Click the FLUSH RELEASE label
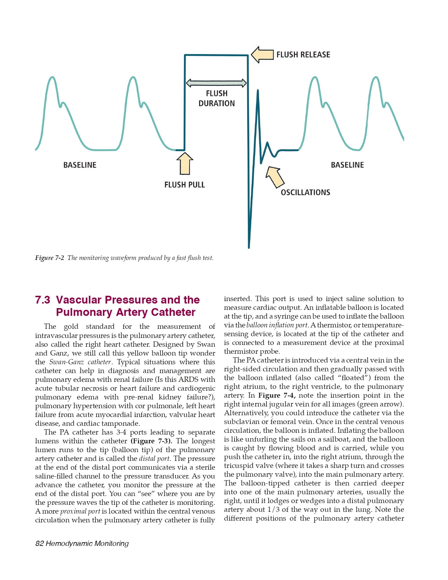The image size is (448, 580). click(x=303, y=55)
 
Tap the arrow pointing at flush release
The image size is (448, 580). click(x=262, y=55)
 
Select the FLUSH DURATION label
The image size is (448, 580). click(x=217, y=98)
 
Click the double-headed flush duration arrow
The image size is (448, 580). click(x=216, y=83)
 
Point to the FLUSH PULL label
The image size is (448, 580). click(x=184, y=185)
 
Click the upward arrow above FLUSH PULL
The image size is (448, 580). click(x=185, y=164)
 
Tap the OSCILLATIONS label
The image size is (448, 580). click(x=305, y=193)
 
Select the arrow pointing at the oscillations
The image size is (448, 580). click(x=275, y=177)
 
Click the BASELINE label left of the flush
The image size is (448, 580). click(x=80, y=165)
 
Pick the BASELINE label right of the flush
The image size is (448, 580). click(x=347, y=165)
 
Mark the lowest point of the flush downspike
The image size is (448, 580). click(x=249, y=247)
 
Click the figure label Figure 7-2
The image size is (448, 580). click(x=50, y=258)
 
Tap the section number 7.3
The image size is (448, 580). click(x=42, y=300)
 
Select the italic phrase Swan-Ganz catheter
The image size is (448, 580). click(x=80, y=362)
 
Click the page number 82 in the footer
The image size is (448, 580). click(x=39, y=543)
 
